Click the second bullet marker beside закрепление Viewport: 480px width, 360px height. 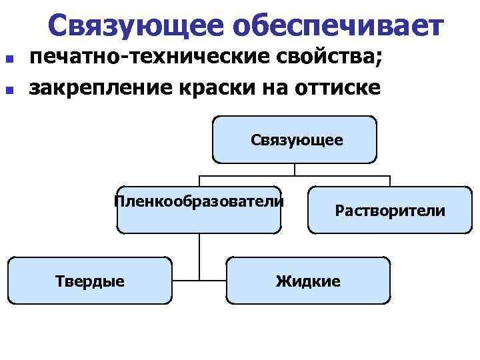(x=9, y=88)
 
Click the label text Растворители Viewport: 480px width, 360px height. (x=390, y=211)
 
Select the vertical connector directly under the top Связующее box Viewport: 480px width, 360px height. (x=295, y=169)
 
